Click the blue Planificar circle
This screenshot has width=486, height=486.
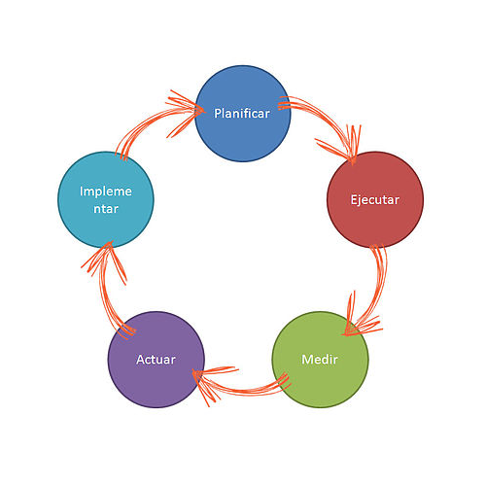click(243, 114)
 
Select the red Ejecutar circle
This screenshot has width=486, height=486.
click(375, 199)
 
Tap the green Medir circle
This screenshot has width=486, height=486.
click(320, 360)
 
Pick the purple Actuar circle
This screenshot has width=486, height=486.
click(156, 360)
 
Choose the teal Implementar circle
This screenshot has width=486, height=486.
click(106, 199)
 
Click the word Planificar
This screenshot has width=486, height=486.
click(242, 114)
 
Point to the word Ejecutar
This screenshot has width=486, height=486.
click(375, 200)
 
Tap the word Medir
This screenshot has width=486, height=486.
click(320, 360)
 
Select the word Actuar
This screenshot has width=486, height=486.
click(156, 360)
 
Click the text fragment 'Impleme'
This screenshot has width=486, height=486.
click(106, 191)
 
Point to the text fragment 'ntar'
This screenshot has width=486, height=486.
click(106, 209)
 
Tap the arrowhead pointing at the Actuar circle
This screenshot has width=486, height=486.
click(211, 382)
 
